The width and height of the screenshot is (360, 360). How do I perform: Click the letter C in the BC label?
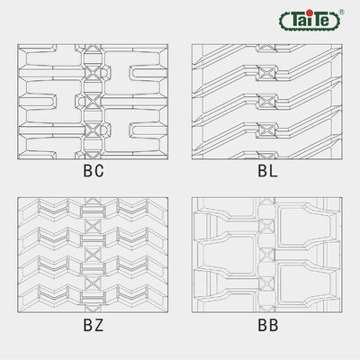(99, 171)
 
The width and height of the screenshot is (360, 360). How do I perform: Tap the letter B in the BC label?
(87, 171)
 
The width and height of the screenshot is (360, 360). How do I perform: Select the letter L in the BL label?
(274, 171)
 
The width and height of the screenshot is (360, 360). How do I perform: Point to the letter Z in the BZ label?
(99, 325)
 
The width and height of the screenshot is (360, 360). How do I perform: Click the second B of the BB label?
(274, 325)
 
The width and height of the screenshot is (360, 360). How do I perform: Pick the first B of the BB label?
(263, 325)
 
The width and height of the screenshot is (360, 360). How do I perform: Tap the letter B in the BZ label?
(87, 325)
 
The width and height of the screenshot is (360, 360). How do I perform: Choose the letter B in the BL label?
(262, 171)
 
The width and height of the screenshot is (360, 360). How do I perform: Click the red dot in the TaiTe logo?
(310, 13)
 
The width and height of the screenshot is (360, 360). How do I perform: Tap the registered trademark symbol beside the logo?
(341, 13)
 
